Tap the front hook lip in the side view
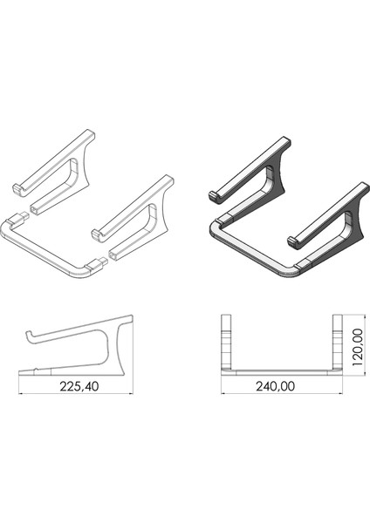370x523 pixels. click(29, 336)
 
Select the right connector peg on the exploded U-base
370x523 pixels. click(102, 259)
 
